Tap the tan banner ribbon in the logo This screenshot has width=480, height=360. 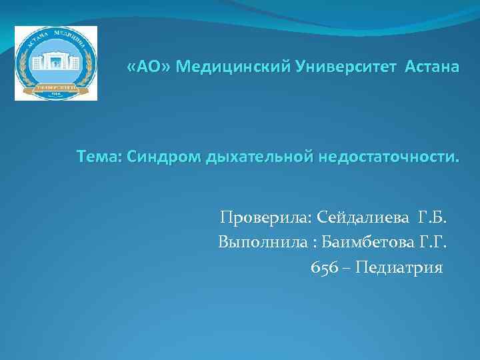[x=56, y=87]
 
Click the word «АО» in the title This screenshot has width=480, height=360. [x=151, y=68]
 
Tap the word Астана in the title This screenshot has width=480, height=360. [x=431, y=68]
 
